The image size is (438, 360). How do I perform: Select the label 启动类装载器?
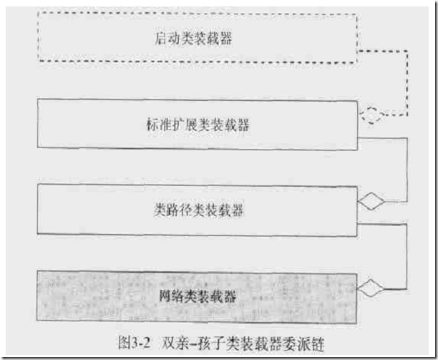193,39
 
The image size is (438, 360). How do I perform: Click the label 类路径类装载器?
198,210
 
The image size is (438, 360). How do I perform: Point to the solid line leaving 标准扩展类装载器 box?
407,168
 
